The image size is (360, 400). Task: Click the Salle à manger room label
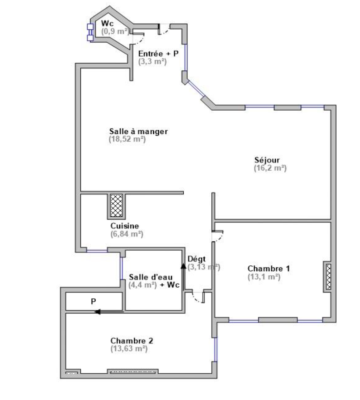138,131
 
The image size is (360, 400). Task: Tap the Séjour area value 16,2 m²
270,168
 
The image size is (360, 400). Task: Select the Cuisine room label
124,226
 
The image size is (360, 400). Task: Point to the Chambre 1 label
268,268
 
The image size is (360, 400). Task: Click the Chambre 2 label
132,341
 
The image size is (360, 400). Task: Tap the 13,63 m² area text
129,348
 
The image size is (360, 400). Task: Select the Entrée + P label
158,54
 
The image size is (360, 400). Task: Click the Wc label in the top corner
107,23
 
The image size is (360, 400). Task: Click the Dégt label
196,259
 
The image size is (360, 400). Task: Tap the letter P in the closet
93,301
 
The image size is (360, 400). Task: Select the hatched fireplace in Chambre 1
328,276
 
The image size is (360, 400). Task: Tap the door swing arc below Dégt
197,298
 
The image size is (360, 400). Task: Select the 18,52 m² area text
127,139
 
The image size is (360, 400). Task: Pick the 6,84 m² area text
126,234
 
